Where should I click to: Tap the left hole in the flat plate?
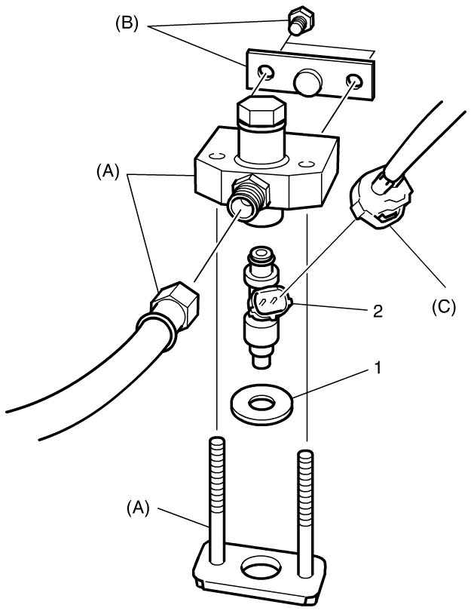pos(266,73)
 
